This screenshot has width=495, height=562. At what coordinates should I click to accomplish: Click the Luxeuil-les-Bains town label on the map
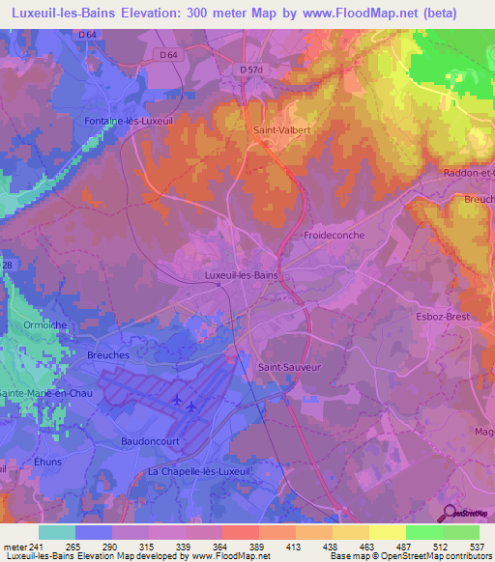point(242,275)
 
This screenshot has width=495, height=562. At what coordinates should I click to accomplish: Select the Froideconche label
point(334,235)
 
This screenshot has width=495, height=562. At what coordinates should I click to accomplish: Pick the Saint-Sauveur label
point(288,367)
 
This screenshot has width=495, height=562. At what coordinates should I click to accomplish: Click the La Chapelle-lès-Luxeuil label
point(199,470)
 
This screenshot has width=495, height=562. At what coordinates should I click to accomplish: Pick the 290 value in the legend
point(112,547)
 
